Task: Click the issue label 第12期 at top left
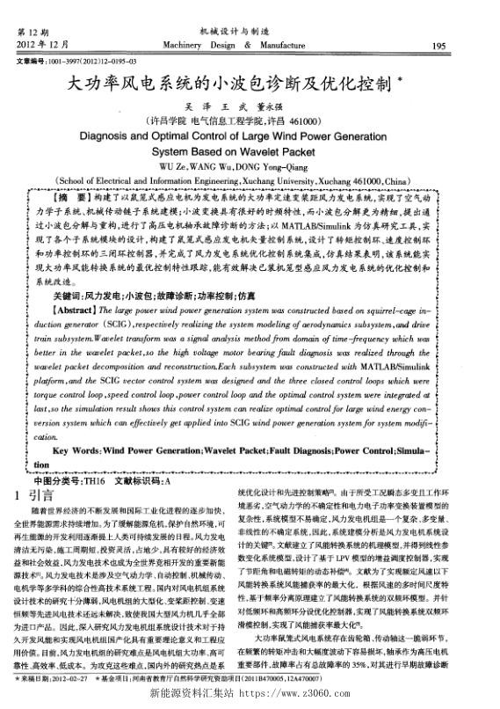click(x=33, y=33)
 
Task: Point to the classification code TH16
click(x=91, y=481)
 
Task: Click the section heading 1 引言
click(x=35, y=497)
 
